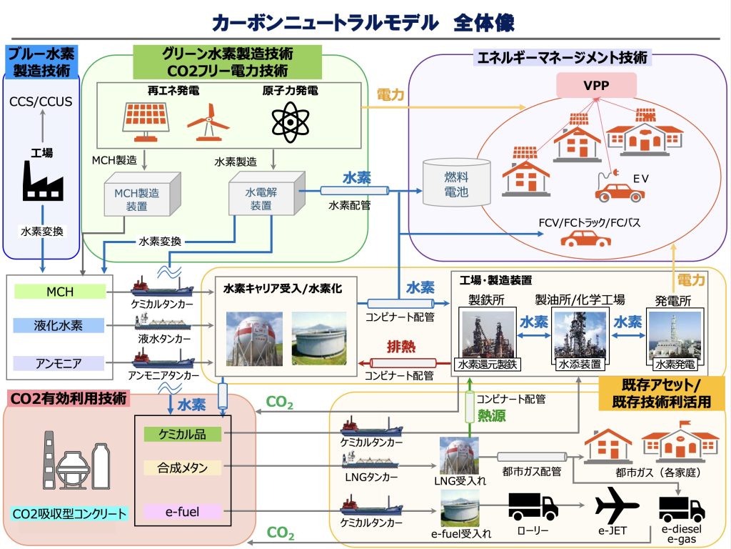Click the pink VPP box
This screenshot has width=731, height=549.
(x=596, y=85)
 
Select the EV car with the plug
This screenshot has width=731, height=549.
(x=619, y=189)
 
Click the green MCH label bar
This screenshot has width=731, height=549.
(x=60, y=292)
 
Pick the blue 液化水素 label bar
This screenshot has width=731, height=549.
(x=60, y=326)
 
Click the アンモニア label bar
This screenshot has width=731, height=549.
(x=60, y=363)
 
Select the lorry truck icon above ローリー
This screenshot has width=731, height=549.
(x=533, y=506)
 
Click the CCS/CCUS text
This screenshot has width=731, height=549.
(x=41, y=102)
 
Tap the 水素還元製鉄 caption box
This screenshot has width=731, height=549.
(x=490, y=365)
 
